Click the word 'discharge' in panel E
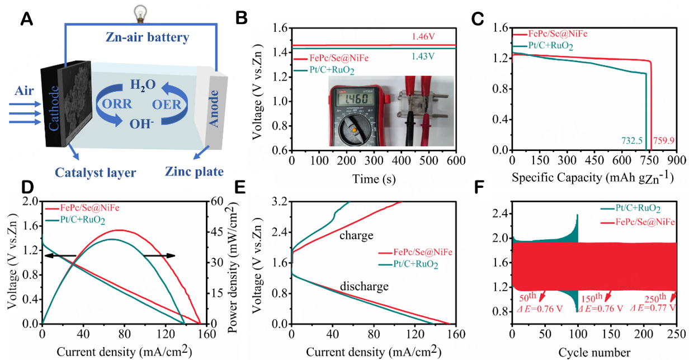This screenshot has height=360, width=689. [364, 287]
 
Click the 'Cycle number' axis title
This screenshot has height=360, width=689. [594, 352]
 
